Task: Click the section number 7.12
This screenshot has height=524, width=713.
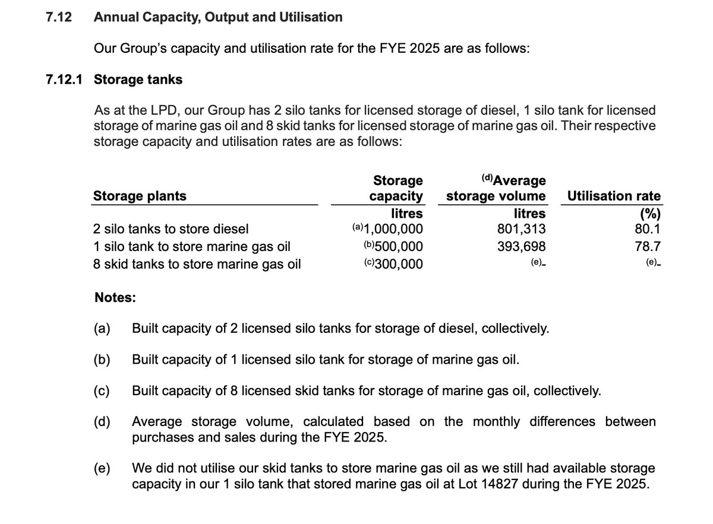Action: tap(59, 17)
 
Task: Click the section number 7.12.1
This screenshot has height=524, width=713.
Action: tap(64, 80)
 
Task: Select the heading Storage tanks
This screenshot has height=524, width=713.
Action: tap(138, 80)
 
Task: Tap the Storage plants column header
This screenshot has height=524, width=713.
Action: tap(140, 196)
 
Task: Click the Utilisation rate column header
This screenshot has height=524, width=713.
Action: tap(614, 196)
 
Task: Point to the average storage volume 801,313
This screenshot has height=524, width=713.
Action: tap(521, 229)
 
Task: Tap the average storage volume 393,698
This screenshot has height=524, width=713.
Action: tap(521, 246)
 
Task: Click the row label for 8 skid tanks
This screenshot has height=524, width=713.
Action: tap(197, 264)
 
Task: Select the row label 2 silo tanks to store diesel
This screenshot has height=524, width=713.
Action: tap(171, 229)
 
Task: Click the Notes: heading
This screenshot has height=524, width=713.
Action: tap(115, 298)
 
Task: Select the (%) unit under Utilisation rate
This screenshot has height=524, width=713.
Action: tap(650, 215)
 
